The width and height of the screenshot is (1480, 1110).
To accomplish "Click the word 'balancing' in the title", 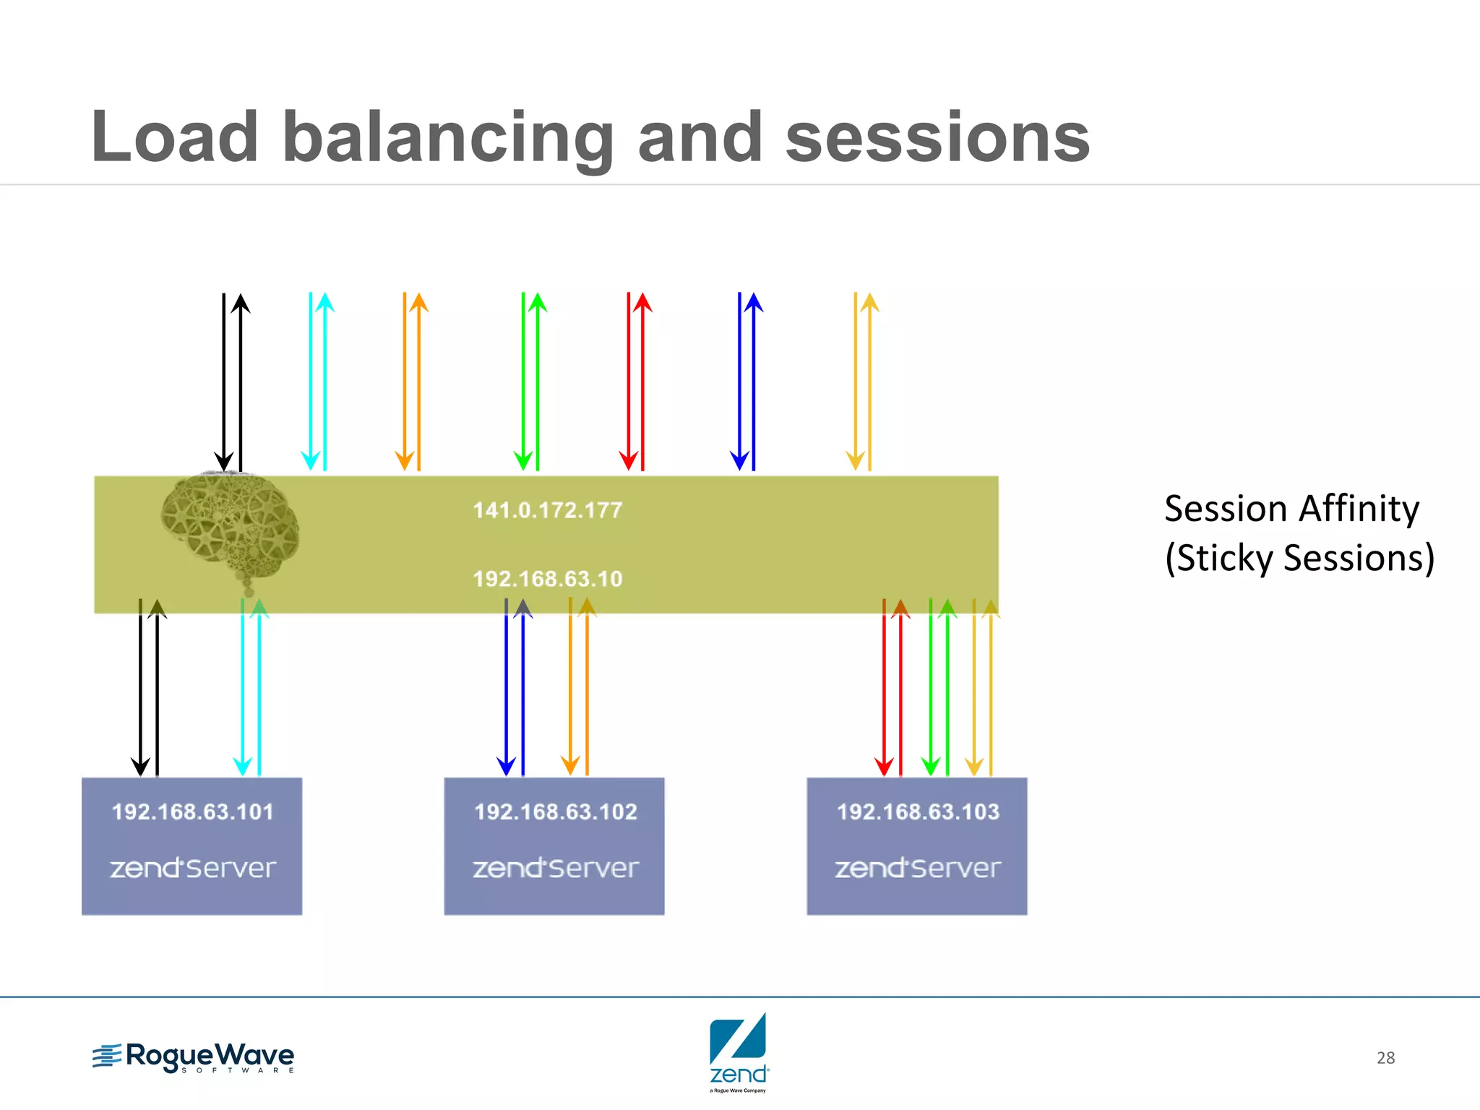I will click(448, 137).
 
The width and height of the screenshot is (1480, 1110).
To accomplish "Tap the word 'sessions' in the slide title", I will click(937, 137).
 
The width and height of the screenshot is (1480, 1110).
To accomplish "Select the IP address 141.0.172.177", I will click(547, 510).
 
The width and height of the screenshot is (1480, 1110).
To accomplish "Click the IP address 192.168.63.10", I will click(547, 579).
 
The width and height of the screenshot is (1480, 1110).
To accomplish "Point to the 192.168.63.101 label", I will click(192, 812).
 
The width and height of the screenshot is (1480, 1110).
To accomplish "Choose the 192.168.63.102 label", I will click(555, 812).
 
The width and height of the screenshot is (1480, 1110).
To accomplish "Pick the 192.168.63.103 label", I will click(918, 812).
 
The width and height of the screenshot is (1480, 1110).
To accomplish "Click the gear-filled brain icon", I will click(230, 528).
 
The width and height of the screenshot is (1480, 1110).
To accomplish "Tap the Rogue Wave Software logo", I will click(194, 1058).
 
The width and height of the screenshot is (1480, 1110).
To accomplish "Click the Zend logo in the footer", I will click(739, 1052).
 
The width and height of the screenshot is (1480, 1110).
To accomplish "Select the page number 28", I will click(1385, 1058).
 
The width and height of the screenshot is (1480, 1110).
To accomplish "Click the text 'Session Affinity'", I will click(1291, 508).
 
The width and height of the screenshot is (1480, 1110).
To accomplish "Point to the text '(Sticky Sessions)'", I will click(1299, 558).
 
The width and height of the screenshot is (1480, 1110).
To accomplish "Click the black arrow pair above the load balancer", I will click(232, 382).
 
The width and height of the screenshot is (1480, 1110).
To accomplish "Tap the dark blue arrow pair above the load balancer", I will click(747, 382).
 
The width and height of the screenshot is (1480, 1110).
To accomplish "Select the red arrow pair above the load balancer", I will click(635, 382).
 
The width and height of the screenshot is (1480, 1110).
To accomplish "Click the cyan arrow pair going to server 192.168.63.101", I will click(251, 687).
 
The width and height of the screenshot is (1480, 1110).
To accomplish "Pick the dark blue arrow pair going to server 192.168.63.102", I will click(515, 687).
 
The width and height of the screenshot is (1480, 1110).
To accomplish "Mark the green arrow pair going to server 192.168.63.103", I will click(939, 687).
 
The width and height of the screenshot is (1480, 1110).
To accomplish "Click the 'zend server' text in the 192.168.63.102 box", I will click(555, 867).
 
